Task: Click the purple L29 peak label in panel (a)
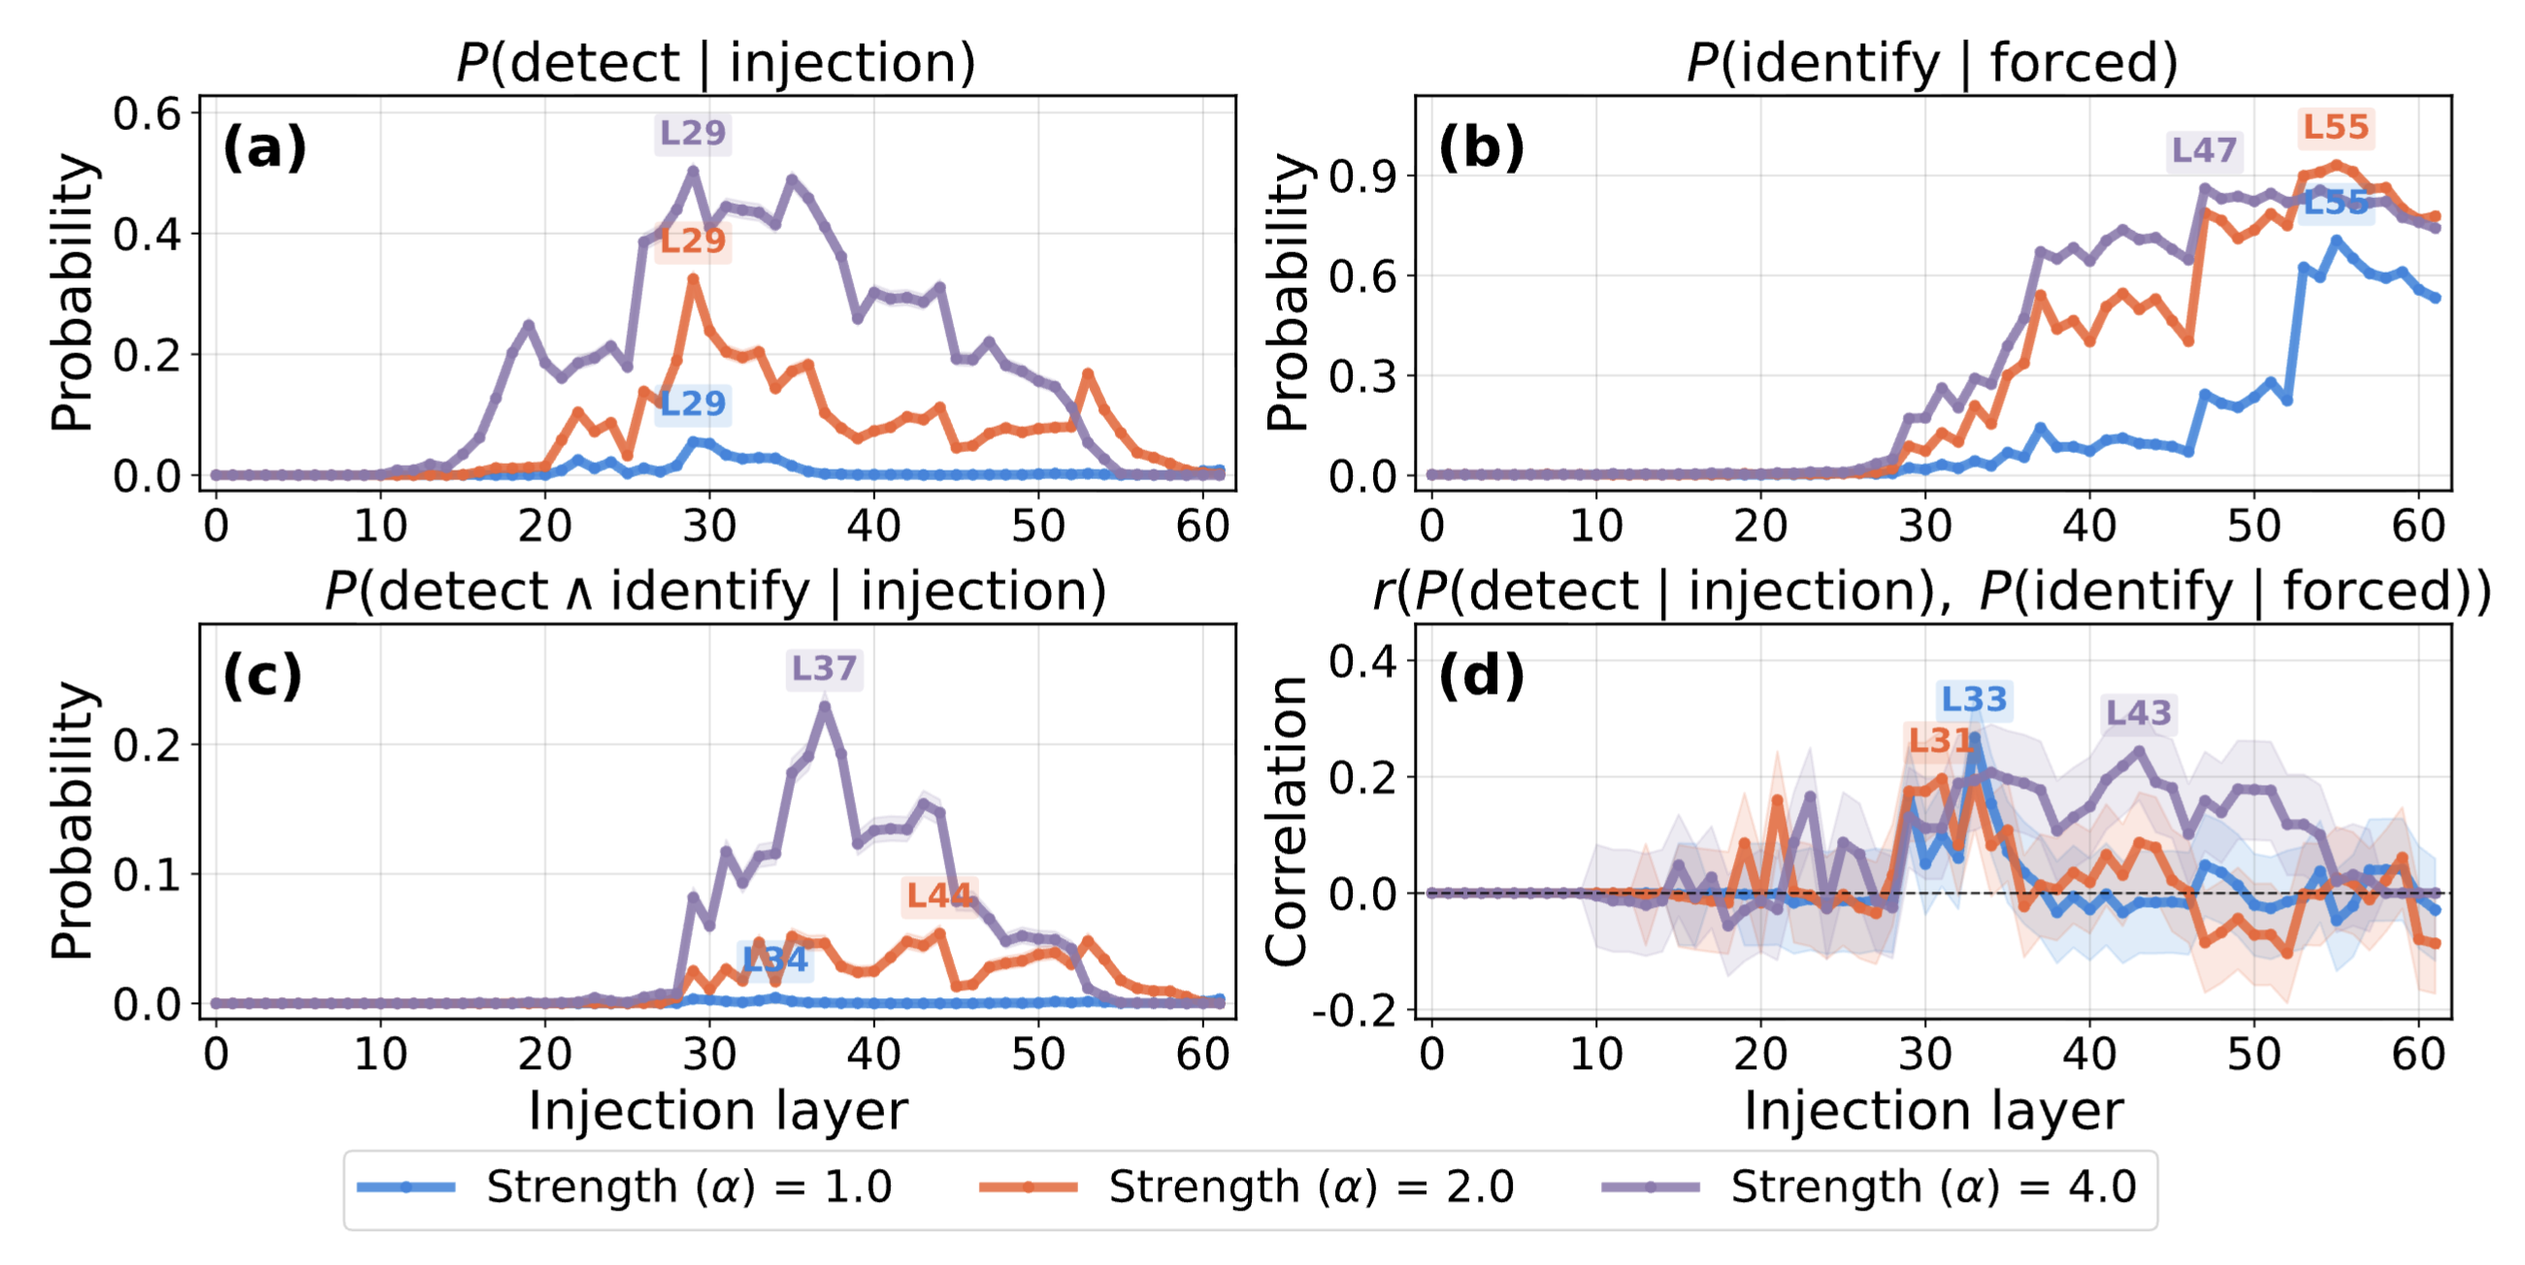[692, 132]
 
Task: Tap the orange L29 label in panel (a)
[692, 240]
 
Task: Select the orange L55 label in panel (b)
[2335, 126]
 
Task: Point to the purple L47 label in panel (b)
[2204, 150]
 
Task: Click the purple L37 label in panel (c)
[823, 668]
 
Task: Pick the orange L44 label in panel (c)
[938, 894]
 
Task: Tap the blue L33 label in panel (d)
[1974, 699]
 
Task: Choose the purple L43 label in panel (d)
[2138, 712]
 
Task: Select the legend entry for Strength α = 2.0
[1247, 1186]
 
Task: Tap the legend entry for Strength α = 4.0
[1868, 1186]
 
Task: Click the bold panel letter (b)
[1481, 148]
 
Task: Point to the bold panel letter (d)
[1481, 676]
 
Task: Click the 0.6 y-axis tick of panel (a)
[148, 114]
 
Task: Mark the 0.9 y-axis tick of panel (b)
[1362, 177]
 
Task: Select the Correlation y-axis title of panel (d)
[1287, 820]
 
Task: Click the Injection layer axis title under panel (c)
[717, 1111]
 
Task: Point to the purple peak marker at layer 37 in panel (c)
[824, 705]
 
